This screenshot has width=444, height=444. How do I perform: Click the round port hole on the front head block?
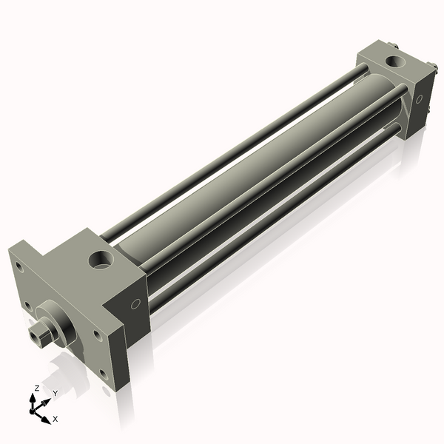pos(101,260)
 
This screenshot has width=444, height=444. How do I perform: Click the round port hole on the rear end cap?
pos(396,61)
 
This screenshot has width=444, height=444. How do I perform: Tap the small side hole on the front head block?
pos(135,304)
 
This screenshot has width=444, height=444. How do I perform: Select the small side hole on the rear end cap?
pos(419,99)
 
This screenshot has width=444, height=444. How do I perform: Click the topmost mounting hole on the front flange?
pos(19,267)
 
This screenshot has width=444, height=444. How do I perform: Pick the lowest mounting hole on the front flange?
pos(104,375)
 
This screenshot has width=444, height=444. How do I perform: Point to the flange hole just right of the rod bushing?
pos(97,335)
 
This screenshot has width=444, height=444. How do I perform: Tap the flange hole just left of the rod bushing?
pos(28,306)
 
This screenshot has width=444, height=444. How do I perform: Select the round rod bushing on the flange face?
pos(57,323)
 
